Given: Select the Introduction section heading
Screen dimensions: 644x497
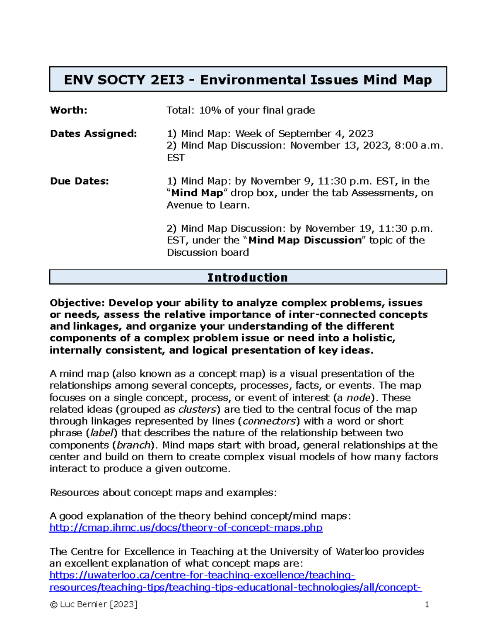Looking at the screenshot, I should pos(248,277).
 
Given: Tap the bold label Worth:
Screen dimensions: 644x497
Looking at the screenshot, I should pos(69,110).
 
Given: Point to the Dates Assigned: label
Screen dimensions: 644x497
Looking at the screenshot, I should pos(93,134).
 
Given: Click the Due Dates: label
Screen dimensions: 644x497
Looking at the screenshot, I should pos(80,181).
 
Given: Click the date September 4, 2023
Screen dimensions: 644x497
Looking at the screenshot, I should pos(326,134).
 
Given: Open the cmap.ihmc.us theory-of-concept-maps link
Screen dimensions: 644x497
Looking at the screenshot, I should pos(186,528).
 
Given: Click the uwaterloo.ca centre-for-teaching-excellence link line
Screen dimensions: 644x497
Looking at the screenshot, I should pos(202,575).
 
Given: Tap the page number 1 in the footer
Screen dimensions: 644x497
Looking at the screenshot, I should pos(427,605).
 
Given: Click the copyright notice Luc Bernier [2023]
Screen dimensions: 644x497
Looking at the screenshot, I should pos(94,605).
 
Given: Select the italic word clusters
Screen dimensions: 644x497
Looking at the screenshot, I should pos(197,409).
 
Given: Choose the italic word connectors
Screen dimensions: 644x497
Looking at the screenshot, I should pos(269,421).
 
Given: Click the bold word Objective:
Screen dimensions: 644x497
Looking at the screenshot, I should pos(77,303).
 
